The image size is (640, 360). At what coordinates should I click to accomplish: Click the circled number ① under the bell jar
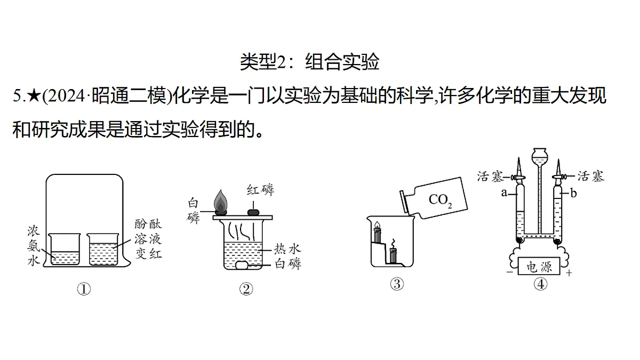[x=84, y=289]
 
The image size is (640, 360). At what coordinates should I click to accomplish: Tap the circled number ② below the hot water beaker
[x=246, y=289]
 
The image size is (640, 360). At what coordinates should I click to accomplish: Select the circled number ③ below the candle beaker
[x=397, y=284]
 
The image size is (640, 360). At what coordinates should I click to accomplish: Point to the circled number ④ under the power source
[x=541, y=284]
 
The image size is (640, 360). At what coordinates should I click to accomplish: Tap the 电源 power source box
[x=539, y=266]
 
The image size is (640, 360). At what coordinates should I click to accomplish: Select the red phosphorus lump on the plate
[x=253, y=212]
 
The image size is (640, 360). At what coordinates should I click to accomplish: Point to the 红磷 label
[x=261, y=190]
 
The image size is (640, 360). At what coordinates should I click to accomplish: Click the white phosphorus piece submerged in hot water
[x=242, y=265]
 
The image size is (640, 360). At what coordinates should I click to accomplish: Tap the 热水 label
[x=287, y=249]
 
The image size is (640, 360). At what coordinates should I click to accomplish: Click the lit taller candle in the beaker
[x=378, y=231]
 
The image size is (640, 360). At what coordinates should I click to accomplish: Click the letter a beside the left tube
[x=504, y=193]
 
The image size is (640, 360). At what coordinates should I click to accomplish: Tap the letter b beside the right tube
[x=574, y=194]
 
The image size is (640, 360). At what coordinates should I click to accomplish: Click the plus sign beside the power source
[x=569, y=273]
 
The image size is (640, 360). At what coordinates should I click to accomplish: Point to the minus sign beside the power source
[x=510, y=272]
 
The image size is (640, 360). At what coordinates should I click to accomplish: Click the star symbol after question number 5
[x=35, y=95]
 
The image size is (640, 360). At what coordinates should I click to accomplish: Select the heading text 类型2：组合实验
[x=309, y=61]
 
